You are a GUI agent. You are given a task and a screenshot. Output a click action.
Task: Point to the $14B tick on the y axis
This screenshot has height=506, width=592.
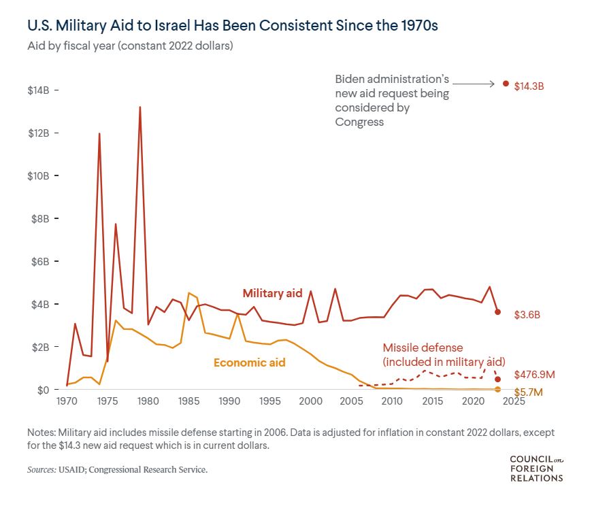pyautogui.click(x=43, y=90)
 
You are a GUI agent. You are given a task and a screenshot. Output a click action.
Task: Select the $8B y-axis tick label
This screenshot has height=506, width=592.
pyautogui.click(x=43, y=218)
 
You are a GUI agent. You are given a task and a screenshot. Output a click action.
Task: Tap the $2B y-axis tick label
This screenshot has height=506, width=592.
pyautogui.click(x=43, y=347)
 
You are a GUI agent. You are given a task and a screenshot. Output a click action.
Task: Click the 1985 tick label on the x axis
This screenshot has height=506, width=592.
pyautogui.click(x=188, y=401)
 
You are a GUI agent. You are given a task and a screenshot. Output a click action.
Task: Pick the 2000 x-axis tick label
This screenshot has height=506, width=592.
pyautogui.click(x=310, y=401)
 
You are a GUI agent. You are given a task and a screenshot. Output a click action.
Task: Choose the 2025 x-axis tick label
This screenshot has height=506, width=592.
pyautogui.click(x=513, y=401)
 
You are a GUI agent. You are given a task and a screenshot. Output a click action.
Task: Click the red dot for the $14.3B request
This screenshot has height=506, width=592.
pyautogui.click(x=506, y=84)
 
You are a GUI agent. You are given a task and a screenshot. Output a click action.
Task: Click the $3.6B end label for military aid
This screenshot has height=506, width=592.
pyautogui.click(x=527, y=314)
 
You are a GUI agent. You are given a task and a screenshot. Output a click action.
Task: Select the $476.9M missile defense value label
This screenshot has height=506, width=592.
pyautogui.click(x=536, y=375)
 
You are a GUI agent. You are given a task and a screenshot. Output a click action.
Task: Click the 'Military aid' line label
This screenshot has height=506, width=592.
pyautogui.click(x=272, y=292)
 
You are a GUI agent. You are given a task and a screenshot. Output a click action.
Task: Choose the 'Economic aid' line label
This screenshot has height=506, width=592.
pyautogui.click(x=249, y=362)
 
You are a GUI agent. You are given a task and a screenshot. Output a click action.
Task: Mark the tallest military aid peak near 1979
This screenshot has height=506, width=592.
pyautogui.click(x=140, y=107)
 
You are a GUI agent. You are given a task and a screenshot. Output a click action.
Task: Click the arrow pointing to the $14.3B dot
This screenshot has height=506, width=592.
pyautogui.click(x=474, y=84)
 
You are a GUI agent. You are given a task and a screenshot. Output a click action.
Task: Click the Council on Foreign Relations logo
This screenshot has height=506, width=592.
pyautogui.click(x=536, y=469)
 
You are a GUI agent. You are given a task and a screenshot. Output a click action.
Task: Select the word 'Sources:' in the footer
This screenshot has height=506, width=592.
pyautogui.click(x=42, y=470)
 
